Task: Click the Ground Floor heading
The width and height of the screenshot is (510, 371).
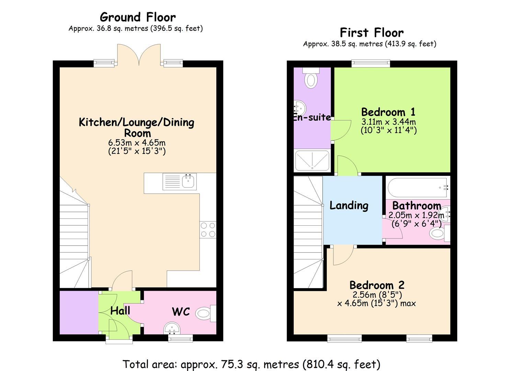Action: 138,17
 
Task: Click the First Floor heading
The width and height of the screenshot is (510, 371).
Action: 372,33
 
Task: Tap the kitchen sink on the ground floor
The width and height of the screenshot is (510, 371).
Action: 180,181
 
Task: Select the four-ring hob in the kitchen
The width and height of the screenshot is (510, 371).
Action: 208,230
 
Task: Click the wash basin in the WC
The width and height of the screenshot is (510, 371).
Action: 172,328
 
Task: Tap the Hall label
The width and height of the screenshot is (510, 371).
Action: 120,311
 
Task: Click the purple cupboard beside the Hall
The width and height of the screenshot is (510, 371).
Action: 79,313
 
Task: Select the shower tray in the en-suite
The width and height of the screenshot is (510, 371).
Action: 312,160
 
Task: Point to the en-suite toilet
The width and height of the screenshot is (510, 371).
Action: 311,78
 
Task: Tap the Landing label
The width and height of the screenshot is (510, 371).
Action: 349,205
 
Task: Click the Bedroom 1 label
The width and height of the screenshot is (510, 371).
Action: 388,112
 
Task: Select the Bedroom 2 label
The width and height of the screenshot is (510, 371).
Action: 377,285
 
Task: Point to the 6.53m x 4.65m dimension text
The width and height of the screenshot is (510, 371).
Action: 137,143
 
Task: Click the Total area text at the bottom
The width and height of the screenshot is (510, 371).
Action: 251,364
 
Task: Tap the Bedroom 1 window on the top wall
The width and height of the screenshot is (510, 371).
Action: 371,64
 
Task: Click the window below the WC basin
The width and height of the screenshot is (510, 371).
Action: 180,338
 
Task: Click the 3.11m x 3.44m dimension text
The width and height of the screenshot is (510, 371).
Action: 389,122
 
